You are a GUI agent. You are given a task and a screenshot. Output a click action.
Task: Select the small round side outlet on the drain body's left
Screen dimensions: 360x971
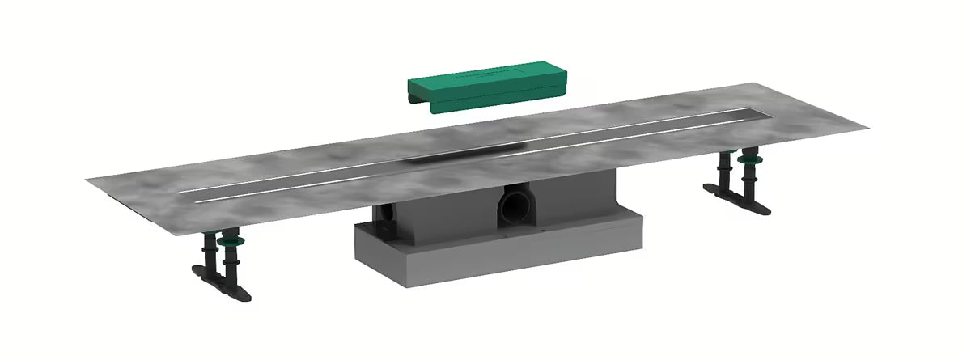tap(386, 216)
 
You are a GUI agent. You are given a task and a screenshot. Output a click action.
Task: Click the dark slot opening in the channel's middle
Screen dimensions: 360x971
tap(469, 151)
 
